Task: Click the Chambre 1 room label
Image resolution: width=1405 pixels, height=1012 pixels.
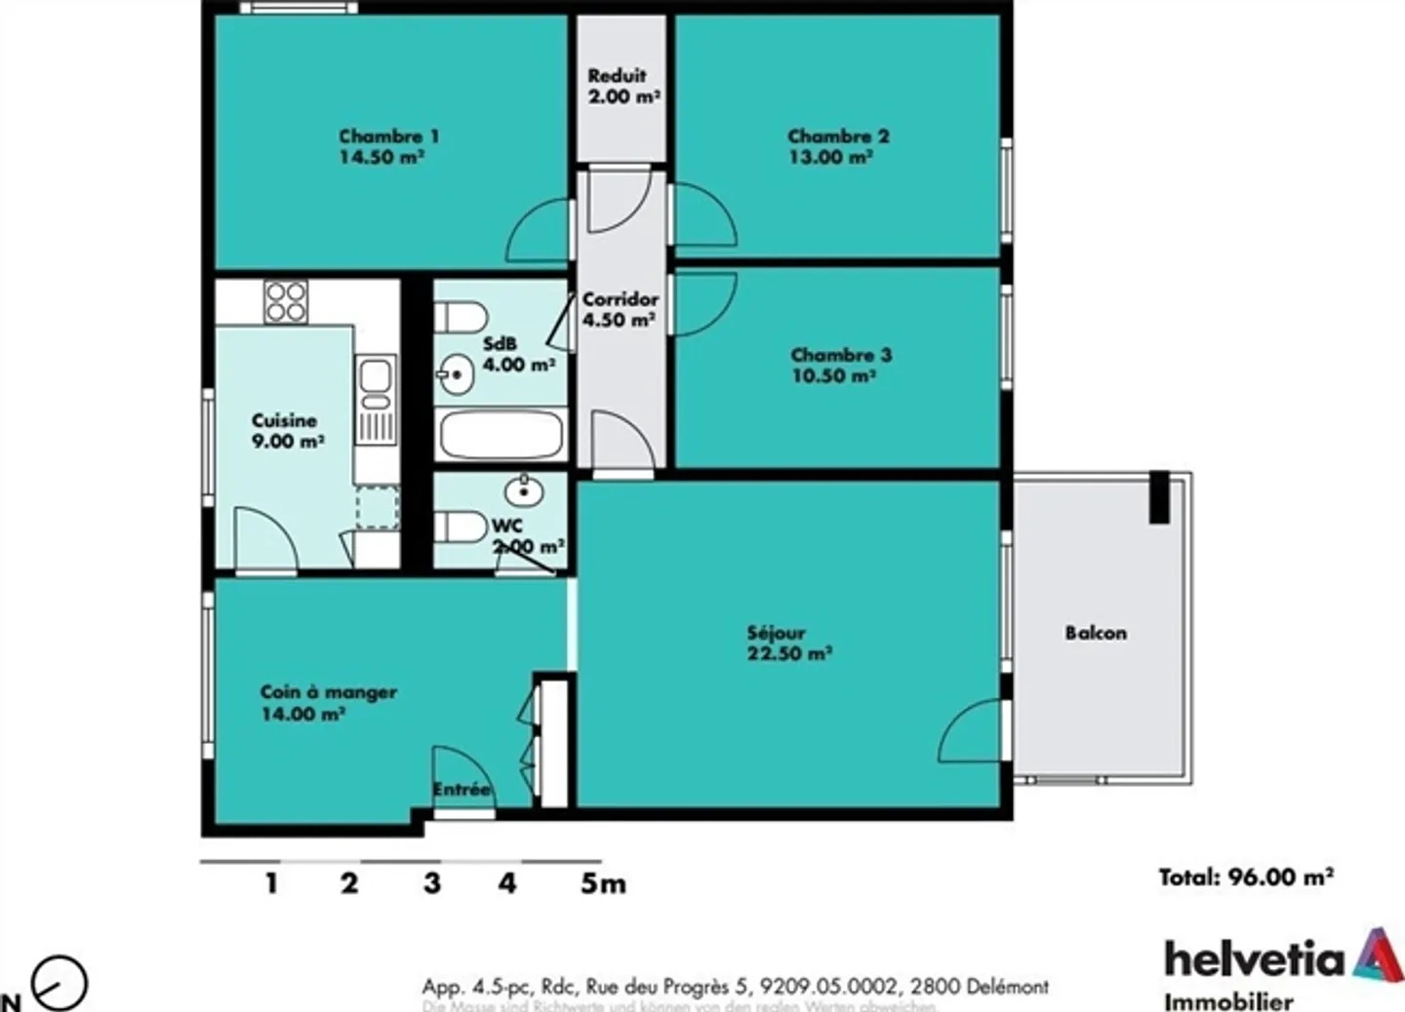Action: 388,136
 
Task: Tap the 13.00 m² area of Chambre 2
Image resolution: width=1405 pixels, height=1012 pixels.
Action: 830,157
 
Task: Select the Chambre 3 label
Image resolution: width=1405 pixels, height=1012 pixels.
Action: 841,355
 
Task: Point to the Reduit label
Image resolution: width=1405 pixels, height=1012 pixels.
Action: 617,75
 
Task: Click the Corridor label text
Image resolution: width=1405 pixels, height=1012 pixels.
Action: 621,299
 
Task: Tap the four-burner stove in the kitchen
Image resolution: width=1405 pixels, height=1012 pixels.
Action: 286,301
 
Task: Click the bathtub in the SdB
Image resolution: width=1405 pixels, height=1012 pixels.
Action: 501,435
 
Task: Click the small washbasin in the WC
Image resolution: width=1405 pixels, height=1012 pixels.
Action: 525,490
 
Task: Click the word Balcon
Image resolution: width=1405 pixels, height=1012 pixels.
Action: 1096,633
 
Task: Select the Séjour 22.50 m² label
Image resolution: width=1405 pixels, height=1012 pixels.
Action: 788,643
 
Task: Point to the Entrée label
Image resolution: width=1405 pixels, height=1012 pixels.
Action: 462,790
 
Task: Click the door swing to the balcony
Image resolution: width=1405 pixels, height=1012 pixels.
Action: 971,733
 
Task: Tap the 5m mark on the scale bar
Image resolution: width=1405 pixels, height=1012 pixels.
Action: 602,883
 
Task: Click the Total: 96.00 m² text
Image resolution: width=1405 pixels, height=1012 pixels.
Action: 1246,876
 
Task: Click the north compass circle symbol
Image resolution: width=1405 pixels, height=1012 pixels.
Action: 60,983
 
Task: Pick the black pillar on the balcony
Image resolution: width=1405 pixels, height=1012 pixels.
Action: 1159,497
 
